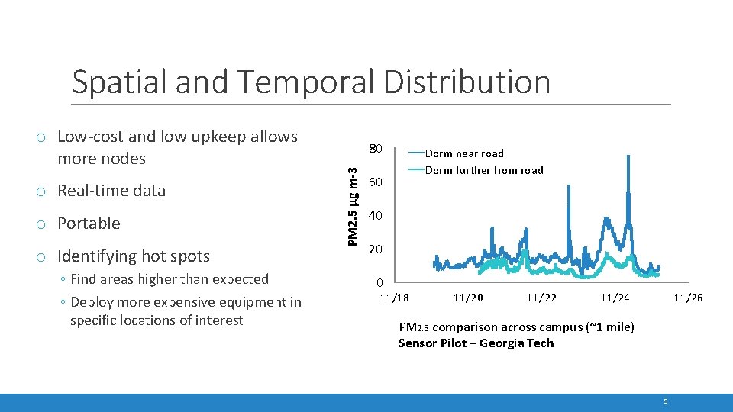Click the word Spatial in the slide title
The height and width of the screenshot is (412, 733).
[121, 82]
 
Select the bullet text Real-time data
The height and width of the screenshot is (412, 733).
[111, 191]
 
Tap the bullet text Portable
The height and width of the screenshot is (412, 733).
[89, 224]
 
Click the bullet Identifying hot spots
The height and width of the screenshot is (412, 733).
[134, 256]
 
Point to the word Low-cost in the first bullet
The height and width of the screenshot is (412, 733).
[91, 137]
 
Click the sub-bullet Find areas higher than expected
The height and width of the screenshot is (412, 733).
[170, 279]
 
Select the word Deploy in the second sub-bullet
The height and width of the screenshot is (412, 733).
[92, 302]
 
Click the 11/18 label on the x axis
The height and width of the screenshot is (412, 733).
[395, 298]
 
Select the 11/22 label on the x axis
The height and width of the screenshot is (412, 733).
[541, 298]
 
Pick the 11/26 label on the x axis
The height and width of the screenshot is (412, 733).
[688, 298]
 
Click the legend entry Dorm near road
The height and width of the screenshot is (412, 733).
[464, 153]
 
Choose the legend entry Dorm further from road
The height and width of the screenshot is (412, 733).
[484, 170]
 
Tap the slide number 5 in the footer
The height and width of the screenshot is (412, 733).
[666, 401]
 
